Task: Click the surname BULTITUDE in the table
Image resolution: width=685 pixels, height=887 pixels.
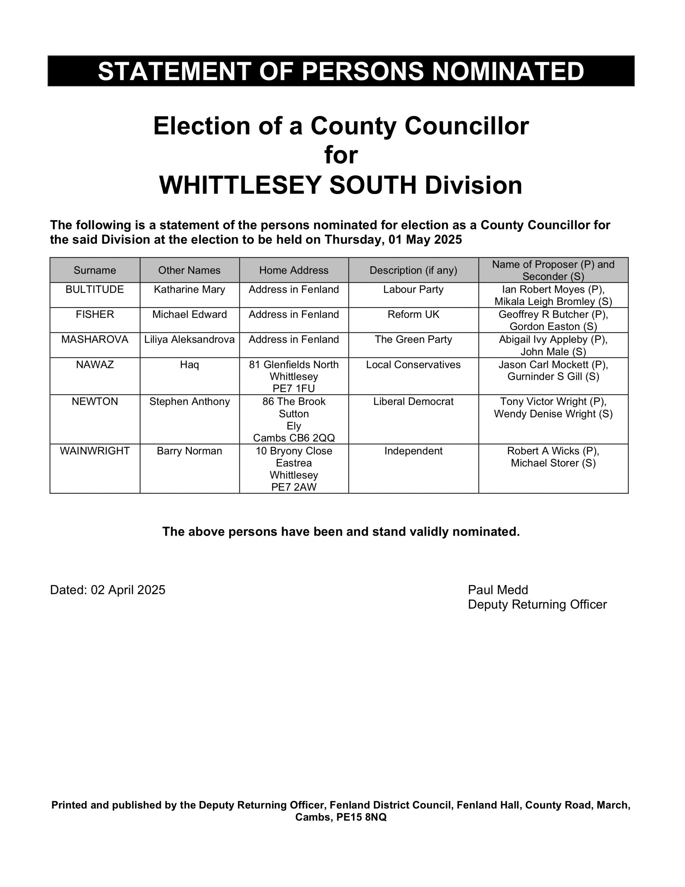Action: tap(95, 290)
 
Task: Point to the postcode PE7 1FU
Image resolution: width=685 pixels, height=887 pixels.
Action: tap(294, 388)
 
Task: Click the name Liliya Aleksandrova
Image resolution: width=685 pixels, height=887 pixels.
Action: tap(189, 340)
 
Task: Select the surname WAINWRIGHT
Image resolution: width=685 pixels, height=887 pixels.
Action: tap(95, 451)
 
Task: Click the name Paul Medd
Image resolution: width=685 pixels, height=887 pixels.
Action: tap(498, 590)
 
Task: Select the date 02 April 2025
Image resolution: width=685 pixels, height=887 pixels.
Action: tap(128, 590)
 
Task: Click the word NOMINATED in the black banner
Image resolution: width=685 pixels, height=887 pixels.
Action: tap(508, 71)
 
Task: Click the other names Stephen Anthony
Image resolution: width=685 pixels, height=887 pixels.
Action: tap(189, 402)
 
